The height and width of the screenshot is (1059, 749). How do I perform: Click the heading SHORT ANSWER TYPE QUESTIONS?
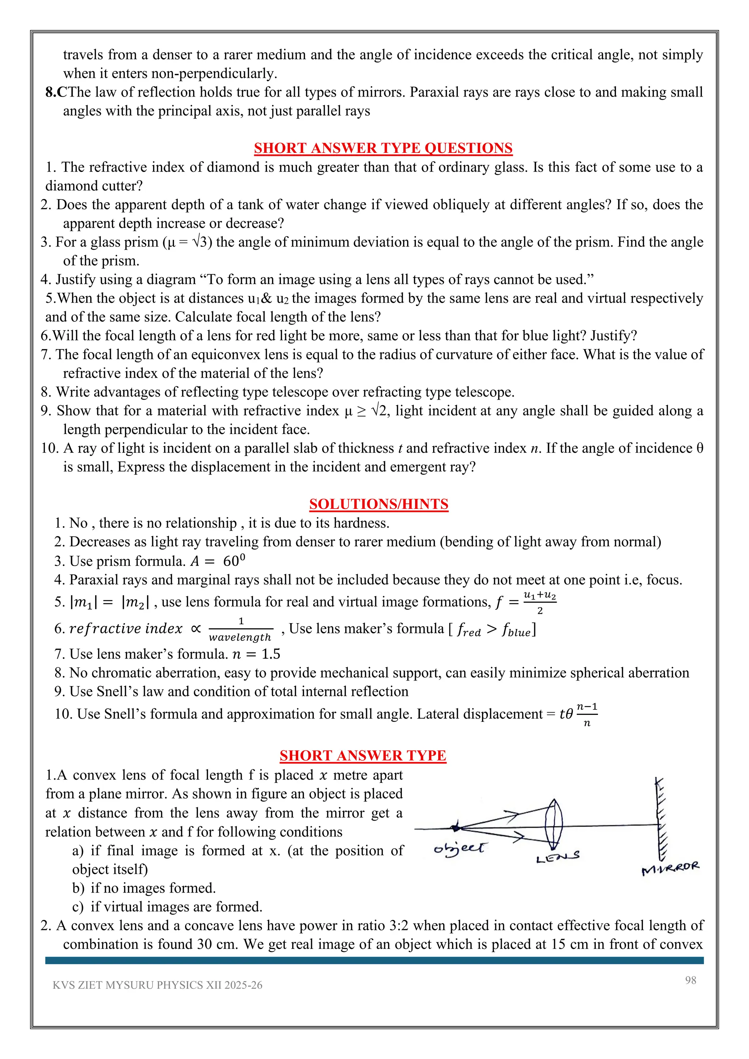pos(383,148)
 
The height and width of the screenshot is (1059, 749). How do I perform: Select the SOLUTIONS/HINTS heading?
pos(379,504)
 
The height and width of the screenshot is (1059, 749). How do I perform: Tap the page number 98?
pos(690,980)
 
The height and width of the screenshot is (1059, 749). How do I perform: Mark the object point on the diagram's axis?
pos(456,828)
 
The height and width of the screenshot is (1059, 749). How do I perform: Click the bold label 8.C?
pos(56,92)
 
